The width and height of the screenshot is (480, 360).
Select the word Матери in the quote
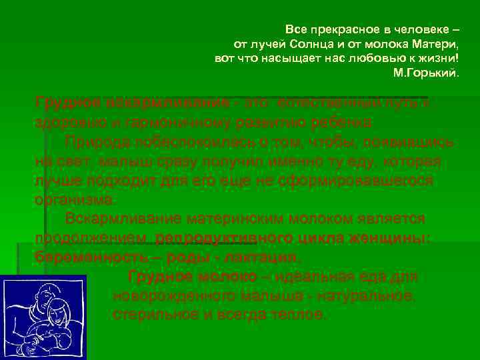[x=436, y=45]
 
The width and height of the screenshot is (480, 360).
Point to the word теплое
[x=301, y=314]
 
